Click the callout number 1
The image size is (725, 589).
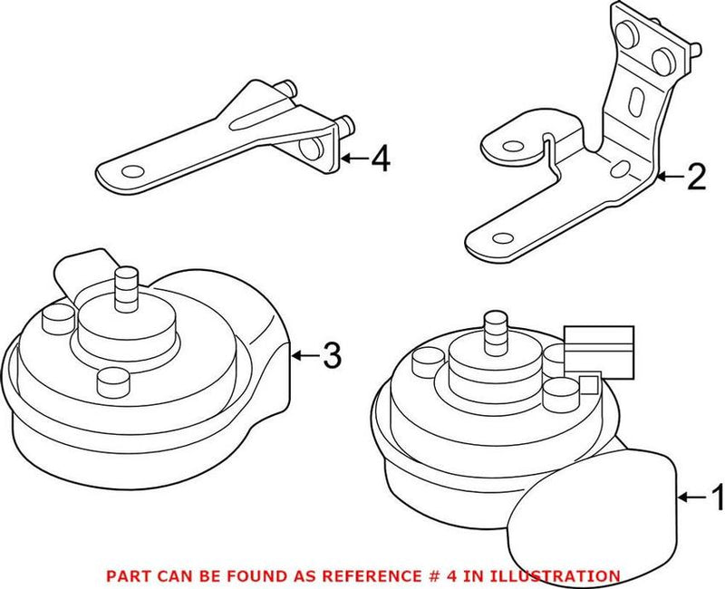[x=714, y=497]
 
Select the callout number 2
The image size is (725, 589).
[x=695, y=177]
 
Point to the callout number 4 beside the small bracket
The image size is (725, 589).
[x=380, y=160]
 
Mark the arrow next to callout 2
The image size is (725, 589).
[x=671, y=177]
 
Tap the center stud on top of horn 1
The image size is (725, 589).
[x=496, y=331]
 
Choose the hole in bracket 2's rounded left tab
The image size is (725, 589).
[x=504, y=143]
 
